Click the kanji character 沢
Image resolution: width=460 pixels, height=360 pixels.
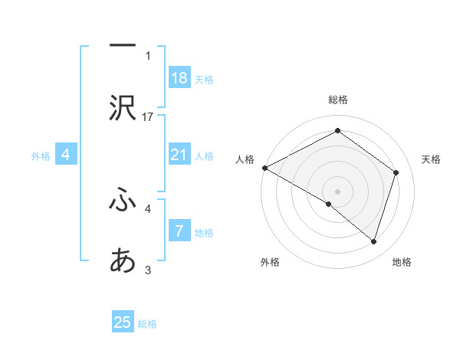tap(123, 108)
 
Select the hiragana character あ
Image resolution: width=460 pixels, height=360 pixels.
tap(123, 261)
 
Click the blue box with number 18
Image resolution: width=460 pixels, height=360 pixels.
tap(179, 78)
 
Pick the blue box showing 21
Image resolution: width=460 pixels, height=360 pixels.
tap(179, 155)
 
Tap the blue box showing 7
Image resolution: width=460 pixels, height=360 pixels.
tap(179, 231)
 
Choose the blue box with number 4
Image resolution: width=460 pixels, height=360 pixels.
tap(66, 155)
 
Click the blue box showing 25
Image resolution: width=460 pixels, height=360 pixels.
tap(123, 322)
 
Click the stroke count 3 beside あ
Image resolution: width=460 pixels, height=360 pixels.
tap(148, 270)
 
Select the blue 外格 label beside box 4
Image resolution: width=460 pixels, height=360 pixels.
tap(41, 156)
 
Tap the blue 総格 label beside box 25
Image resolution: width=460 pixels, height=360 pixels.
tap(147, 324)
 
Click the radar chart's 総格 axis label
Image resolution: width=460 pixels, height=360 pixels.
tap(337, 100)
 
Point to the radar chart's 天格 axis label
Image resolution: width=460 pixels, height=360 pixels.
tap(432, 159)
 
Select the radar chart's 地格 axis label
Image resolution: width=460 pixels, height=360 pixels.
tap(402, 263)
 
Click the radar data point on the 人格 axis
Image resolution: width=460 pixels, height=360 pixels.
tap(264, 168)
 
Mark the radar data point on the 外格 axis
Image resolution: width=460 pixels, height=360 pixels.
tap(329, 204)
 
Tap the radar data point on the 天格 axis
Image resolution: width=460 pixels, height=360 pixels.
tap(396, 172)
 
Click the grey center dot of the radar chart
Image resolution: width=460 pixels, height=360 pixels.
tap(337, 191)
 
